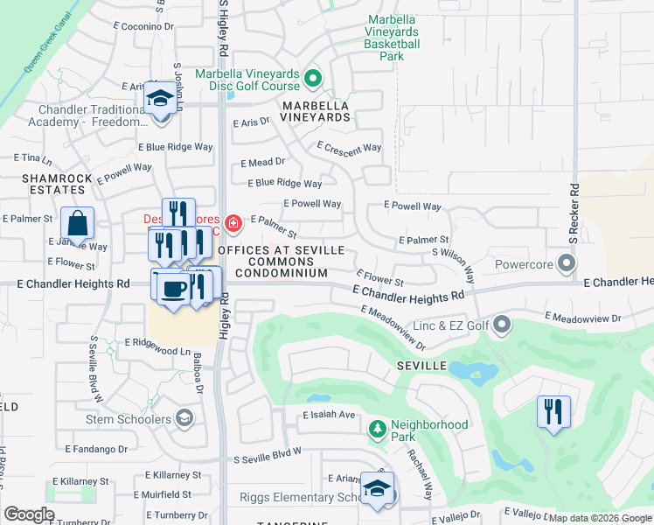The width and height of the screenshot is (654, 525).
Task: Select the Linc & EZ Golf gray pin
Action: click(x=502, y=325)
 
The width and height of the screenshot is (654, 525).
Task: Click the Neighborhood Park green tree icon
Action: click(x=377, y=429)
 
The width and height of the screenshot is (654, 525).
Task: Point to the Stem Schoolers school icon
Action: click(x=184, y=418)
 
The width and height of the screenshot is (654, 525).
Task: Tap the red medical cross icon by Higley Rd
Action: click(x=233, y=223)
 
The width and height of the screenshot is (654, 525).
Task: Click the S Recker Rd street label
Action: click(x=574, y=213)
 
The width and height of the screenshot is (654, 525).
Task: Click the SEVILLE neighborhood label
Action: click(x=421, y=365)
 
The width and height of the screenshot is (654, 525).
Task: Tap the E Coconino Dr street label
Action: click(x=144, y=27)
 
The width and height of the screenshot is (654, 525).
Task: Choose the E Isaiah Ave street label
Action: click(x=330, y=415)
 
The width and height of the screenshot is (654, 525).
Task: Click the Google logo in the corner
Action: click(x=30, y=514)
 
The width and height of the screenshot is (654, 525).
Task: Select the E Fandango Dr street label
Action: click(x=96, y=449)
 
